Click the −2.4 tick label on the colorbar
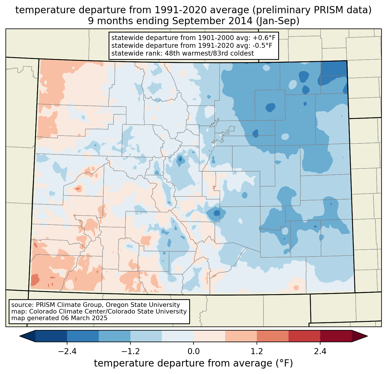[x=67, y=352]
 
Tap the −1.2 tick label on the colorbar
[x=130, y=352]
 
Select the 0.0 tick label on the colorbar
[x=193, y=352]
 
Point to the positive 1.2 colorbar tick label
[x=257, y=352]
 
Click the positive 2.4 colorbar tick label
[x=320, y=352]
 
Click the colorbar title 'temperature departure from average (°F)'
[x=193, y=363]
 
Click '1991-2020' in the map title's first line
[x=174, y=10]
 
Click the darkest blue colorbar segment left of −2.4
[x=51, y=336]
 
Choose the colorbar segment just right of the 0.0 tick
[x=209, y=336]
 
